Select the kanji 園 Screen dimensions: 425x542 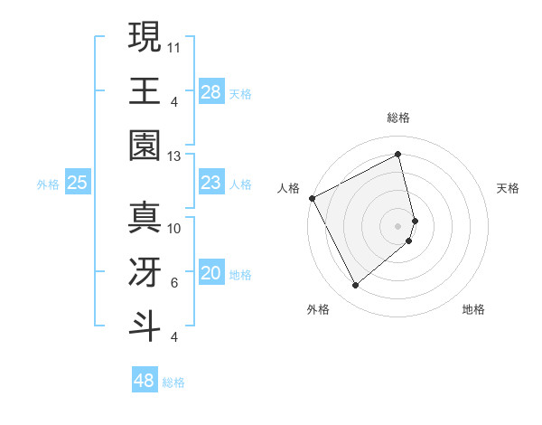coord(145,145)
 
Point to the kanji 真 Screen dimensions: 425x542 coord(145,218)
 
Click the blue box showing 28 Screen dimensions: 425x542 coord(211,91)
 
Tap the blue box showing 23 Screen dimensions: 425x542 coord(211,183)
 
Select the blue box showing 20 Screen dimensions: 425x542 coord(211,273)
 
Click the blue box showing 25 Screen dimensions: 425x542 coord(78,183)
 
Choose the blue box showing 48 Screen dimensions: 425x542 coord(145,381)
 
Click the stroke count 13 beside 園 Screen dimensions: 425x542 coord(174,156)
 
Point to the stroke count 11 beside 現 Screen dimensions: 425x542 coord(174,46)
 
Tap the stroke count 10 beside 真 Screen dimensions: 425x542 coord(174,229)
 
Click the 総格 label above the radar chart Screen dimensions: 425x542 coord(398,118)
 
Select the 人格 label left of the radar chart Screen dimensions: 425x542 coord(288,188)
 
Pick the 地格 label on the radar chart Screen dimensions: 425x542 coord(473,309)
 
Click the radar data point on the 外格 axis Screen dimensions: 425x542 coord(355,286)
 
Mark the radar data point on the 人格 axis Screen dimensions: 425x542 coord(312,198)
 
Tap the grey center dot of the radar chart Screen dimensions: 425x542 coord(398,225)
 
